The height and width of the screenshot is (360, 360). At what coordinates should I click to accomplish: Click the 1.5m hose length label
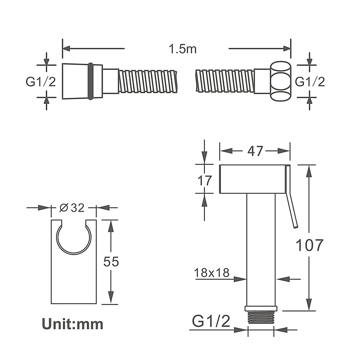[x=182, y=49]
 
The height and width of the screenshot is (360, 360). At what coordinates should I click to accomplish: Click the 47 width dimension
[x=255, y=151]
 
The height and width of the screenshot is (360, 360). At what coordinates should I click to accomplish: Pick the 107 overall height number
[x=310, y=245]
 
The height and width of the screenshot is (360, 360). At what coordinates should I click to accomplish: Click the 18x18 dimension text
[x=211, y=273]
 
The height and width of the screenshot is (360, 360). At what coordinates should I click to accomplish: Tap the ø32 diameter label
[x=72, y=208]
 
